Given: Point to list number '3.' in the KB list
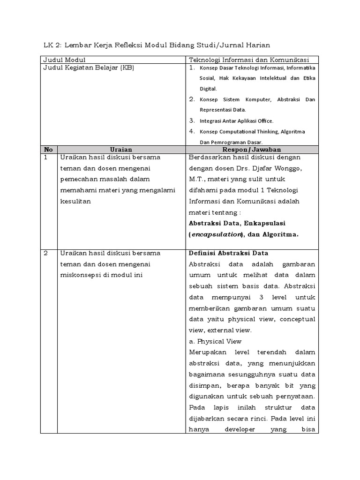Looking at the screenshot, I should coord(192,120).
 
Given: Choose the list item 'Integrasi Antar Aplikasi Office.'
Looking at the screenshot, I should coord(236,121).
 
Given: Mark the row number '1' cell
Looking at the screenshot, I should coord(46,157).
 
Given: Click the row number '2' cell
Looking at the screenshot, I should coord(46,253).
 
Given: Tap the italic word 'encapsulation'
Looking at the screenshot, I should coord(217,234).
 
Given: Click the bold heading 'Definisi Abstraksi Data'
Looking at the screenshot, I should coord(228,253).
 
